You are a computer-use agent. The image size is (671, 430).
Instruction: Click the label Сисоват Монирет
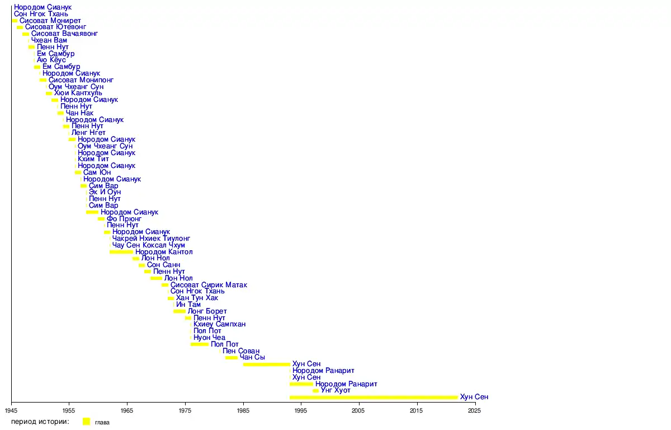point(50,21)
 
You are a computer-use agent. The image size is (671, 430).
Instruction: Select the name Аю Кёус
point(51,60)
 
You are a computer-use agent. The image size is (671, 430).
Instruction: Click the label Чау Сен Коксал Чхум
point(148,245)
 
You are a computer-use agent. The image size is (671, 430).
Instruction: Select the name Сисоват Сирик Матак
point(208,285)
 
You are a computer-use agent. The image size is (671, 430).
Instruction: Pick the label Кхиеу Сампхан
point(219,324)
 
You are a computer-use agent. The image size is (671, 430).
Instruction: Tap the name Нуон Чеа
point(209,338)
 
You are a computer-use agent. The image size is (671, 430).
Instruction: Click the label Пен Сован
point(240,351)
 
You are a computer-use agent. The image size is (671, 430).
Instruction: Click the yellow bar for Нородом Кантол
point(121,252)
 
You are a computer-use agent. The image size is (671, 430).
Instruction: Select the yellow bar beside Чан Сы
point(231,357)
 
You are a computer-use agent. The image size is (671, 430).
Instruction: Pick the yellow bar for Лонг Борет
point(179,311)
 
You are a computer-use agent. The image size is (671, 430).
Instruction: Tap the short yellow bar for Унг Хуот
point(315,391)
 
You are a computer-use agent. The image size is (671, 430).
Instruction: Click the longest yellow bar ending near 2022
point(374,398)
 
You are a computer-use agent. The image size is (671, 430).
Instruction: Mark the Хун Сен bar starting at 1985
point(266,364)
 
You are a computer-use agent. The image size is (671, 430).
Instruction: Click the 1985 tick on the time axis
point(243,402)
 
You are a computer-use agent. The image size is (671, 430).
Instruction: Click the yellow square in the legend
point(86,422)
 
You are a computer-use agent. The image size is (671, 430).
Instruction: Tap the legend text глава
point(102,422)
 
